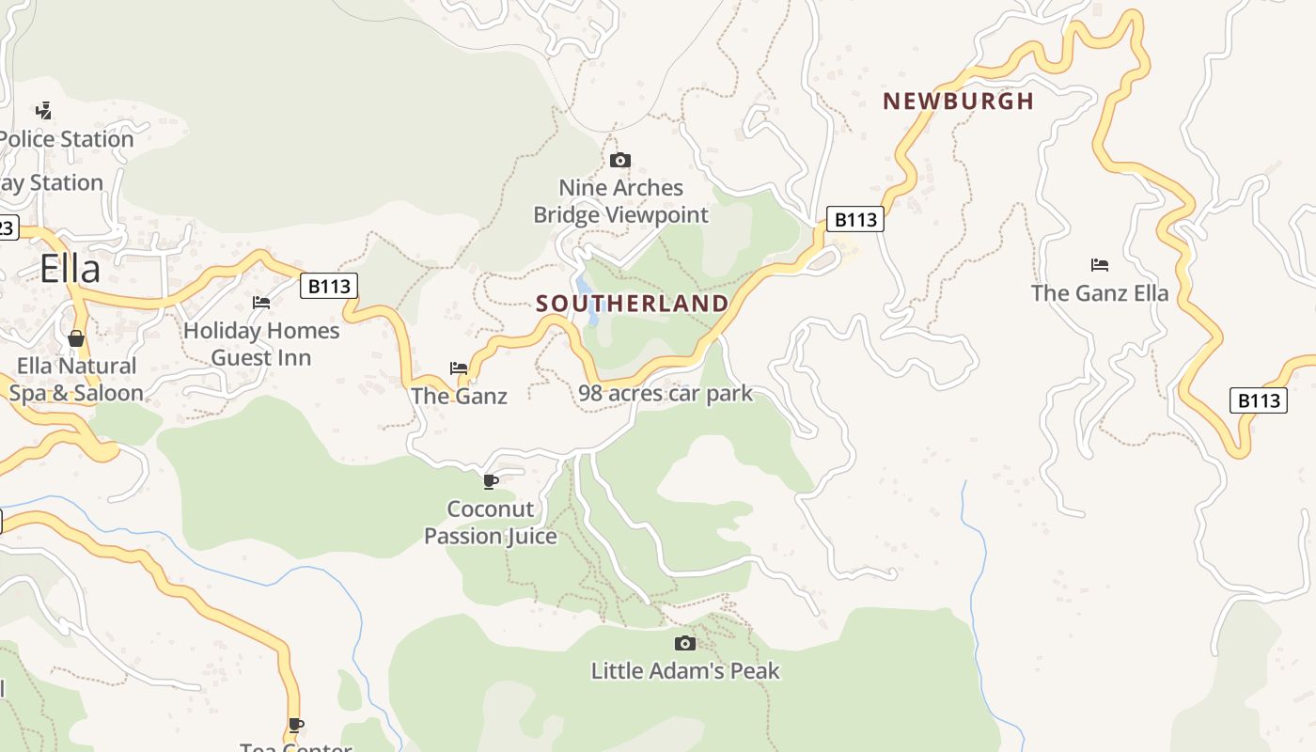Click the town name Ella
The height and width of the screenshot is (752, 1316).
pyautogui.click(x=70, y=269)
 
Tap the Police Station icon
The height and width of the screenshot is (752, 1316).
pyautogui.click(x=42, y=110)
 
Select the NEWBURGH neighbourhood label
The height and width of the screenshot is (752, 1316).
pyautogui.click(x=958, y=102)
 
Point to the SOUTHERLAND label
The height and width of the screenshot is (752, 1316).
pyautogui.click(x=632, y=304)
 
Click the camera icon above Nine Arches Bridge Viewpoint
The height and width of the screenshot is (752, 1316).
pyautogui.click(x=620, y=160)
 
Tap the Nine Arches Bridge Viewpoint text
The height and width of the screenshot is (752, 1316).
pyautogui.click(x=620, y=201)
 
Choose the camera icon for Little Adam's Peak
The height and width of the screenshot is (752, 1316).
pyautogui.click(x=685, y=643)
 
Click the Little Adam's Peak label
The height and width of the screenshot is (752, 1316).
pyautogui.click(x=685, y=671)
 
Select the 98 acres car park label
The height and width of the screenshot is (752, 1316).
pyautogui.click(x=666, y=393)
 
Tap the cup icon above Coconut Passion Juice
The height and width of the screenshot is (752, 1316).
pyautogui.click(x=490, y=482)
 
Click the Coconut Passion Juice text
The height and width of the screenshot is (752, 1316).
pyautogui.click(x=490, y=523)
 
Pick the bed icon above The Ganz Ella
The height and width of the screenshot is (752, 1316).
pyautogui.click(x=1100, y=265)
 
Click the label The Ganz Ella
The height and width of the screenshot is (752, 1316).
pyautogui.click(x=1100, y=293)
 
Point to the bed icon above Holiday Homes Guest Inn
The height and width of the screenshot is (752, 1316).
pyautogui.click(x=261, y=303)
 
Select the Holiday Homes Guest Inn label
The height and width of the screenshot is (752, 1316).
pyautogui.click(x=261, y=344)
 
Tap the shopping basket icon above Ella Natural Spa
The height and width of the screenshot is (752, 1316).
pyautogui.click(x=76, y=338)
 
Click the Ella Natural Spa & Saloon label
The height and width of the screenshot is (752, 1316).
pyautogui.click(x=76, y=380)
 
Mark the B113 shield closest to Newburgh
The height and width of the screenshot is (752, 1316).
pyautogui.click(x=855, y=220)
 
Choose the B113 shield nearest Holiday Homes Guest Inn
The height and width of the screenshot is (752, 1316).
pyautogui.click(x=329, y=286)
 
